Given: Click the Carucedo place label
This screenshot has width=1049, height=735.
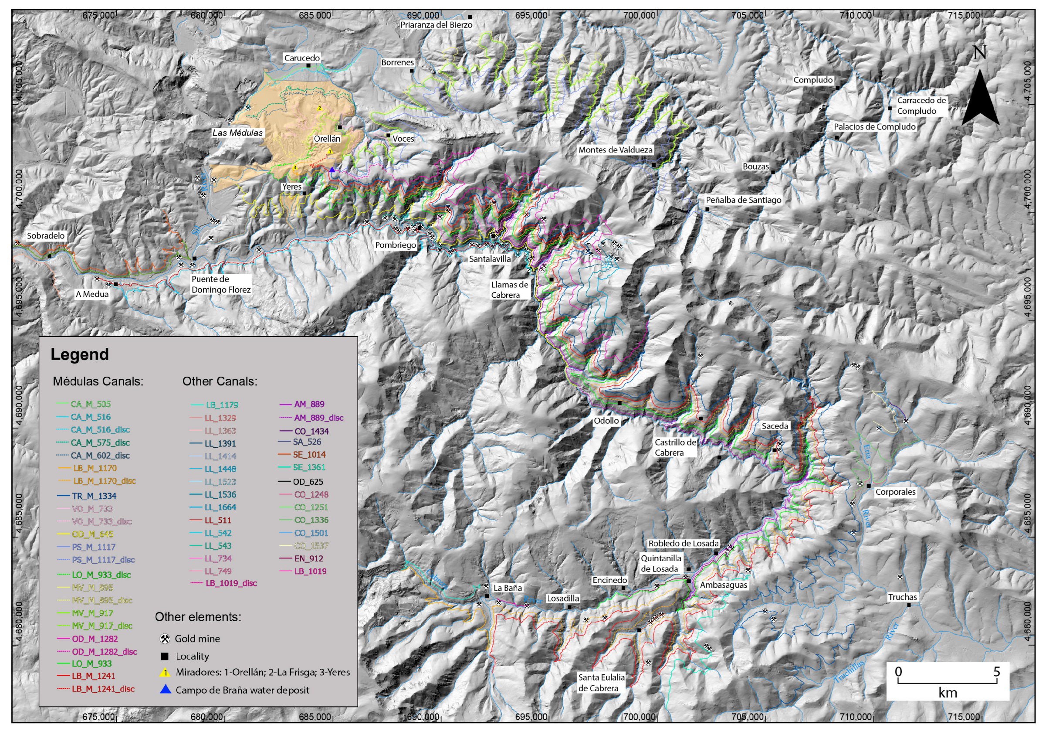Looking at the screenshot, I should pyautogui.click(x=301, y=58).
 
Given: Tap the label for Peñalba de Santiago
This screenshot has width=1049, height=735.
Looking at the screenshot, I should pyautogui.click(x=743, y=200).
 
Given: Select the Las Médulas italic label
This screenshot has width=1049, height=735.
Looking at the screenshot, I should pyautogui.click(x=237, y=133).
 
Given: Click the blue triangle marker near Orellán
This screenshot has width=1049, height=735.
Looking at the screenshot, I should pyautogui.click(x=332, y=170).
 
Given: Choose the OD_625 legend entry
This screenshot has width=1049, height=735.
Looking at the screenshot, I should pyautogui.click(x=308, y=481).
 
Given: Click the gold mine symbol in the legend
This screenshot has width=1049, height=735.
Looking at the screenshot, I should pyautogui.click(x=165, y=639).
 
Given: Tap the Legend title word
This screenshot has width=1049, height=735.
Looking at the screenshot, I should pyautogui.click(x=79, y=354).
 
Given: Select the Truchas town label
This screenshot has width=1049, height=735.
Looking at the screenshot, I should pyautogui.click(x=902, y=597).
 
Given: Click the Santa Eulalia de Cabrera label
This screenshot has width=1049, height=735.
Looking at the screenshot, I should pyautogui.click(x=601, y=682).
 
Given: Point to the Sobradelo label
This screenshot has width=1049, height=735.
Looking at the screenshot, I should pyautogui.click(x=46, y=235).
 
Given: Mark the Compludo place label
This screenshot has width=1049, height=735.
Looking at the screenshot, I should pyautogui.click(x=813, y=79).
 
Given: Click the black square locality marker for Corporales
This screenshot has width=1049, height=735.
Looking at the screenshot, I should pyautogui.click(x=868, y=486).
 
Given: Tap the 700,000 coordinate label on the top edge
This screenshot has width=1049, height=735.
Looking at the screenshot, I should pyautogui.click(x=639, y=15).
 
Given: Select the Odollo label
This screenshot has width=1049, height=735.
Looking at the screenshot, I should pyautogui.click(x=606, y=421).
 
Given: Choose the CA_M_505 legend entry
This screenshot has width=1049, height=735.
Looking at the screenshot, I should pyautogui.click(x=91, y=404).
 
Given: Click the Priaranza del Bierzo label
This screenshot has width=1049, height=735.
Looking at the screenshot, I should pyautogui.click(x=436, y=25).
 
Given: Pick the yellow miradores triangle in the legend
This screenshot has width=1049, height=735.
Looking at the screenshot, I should pyautogui.click(x=165, y=672).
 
